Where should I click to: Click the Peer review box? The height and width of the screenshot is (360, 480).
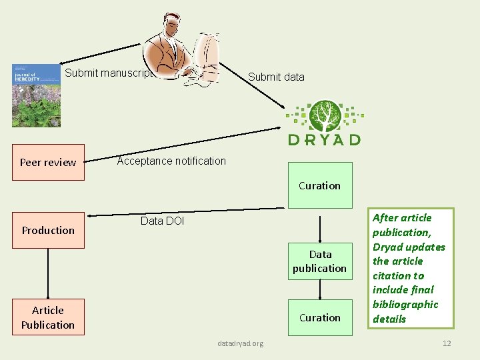(x=48, y=162)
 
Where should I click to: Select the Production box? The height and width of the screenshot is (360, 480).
(x=48, y=230)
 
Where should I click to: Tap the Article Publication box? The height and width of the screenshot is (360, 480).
(x=48, y=317)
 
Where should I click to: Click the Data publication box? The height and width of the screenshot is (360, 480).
(x=320, y=261)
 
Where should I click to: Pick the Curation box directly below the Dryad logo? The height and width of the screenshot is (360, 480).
(x=320, y=185)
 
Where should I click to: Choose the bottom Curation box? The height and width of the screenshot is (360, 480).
(x=320, y=317)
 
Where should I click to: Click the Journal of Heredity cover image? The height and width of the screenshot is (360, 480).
(x=36, y=95)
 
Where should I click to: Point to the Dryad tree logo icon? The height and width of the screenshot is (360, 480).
(x=325, y=115)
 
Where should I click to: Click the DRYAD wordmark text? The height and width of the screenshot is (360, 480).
(x=325, y=139)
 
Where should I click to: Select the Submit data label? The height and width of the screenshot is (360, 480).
(x=276, y=77)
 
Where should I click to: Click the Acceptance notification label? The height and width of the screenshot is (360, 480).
(x=171, y=161)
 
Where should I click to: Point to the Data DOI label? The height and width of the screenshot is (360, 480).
(x=162, y=221)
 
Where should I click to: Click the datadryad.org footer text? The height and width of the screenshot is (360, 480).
(x=241, y=343)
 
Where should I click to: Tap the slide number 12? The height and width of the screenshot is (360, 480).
(x=447, y=343)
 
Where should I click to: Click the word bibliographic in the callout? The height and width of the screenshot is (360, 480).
(x=405, y=304)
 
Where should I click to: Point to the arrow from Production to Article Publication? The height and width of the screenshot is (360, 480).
(x=48, y=273)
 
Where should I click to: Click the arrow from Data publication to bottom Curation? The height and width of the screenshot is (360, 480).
(x=320, y=289)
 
